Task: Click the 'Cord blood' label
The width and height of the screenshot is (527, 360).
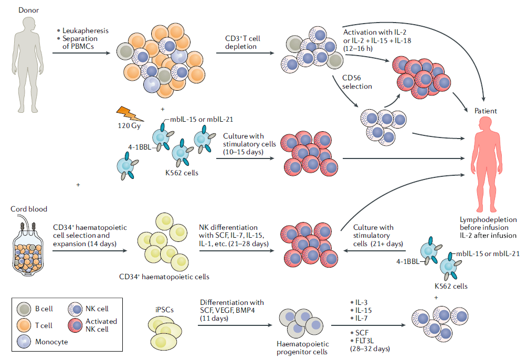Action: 29,209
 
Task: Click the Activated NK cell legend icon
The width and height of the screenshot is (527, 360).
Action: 76,325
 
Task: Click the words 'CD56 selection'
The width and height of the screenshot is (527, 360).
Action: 356,82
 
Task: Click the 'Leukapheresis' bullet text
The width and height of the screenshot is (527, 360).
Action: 85,30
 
